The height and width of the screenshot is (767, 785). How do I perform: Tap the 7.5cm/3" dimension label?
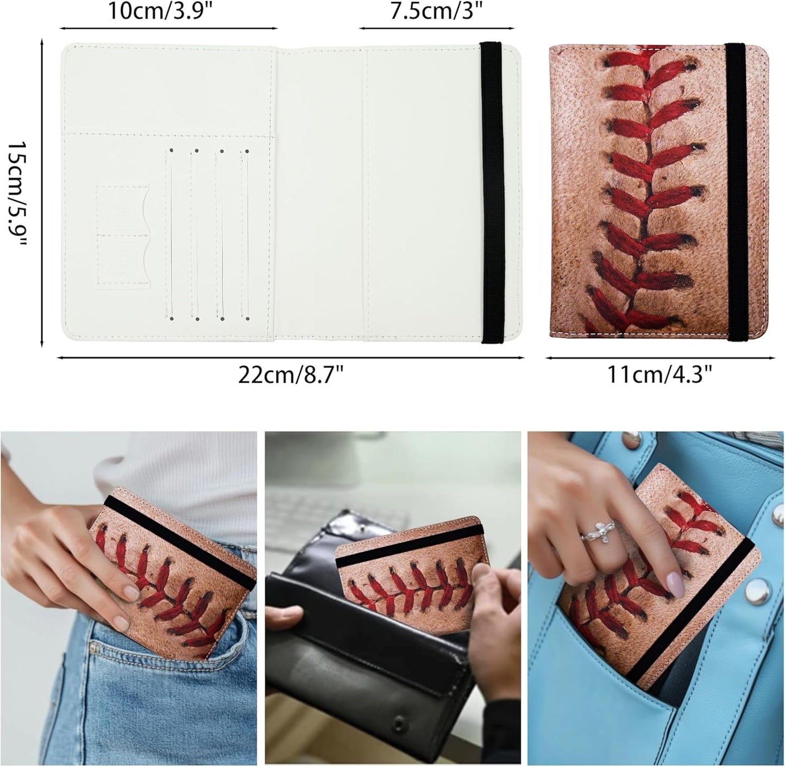click(x=436, y=11)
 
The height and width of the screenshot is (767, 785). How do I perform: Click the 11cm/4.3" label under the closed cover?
click(x=660, y=375)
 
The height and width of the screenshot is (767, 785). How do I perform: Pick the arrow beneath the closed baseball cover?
click(x=660, y=358)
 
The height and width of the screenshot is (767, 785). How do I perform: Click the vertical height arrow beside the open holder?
click(x=42, y=195)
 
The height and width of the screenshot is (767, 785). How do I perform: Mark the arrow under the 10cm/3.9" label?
click(x=168, y=28)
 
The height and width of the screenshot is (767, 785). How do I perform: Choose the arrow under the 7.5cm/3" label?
click(x=436, y=28)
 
